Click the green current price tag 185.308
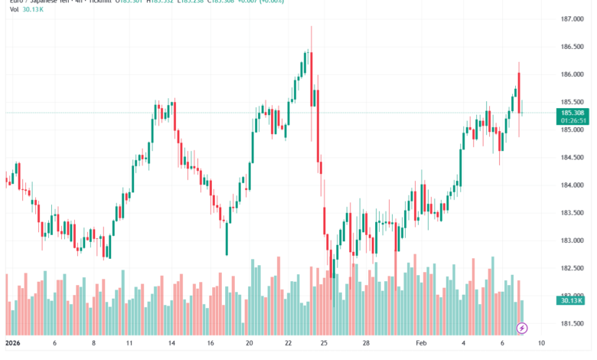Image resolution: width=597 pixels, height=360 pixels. click(x=573, y=113)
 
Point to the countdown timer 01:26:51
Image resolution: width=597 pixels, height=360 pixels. click(x=573, y=120)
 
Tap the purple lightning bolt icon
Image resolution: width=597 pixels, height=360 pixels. click(x=522, y=328)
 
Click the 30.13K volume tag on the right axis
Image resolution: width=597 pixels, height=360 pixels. click(x=573, y=301)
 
